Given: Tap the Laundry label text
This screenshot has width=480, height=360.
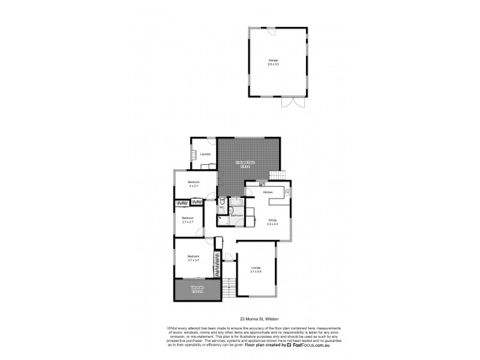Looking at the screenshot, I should pos(205,154).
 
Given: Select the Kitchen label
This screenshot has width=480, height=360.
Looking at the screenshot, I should pos(268,192).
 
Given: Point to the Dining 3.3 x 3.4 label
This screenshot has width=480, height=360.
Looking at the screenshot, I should pos(272,222).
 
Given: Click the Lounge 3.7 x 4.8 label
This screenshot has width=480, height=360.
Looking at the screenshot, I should pos(256,269).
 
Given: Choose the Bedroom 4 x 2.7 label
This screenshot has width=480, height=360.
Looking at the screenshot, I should pos(193,184).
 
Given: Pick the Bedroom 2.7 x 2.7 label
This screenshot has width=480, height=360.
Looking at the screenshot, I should pos(188,220).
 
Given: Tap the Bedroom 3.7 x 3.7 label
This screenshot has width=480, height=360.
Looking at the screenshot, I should pos(193,259).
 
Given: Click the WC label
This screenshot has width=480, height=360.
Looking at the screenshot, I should pos(221,208).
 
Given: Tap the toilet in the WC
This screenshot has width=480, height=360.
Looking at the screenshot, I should pos(222,202).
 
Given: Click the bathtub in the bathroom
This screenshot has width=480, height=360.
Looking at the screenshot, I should pos(236,204).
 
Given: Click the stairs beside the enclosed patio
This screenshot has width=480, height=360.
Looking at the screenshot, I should pos(277,174).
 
